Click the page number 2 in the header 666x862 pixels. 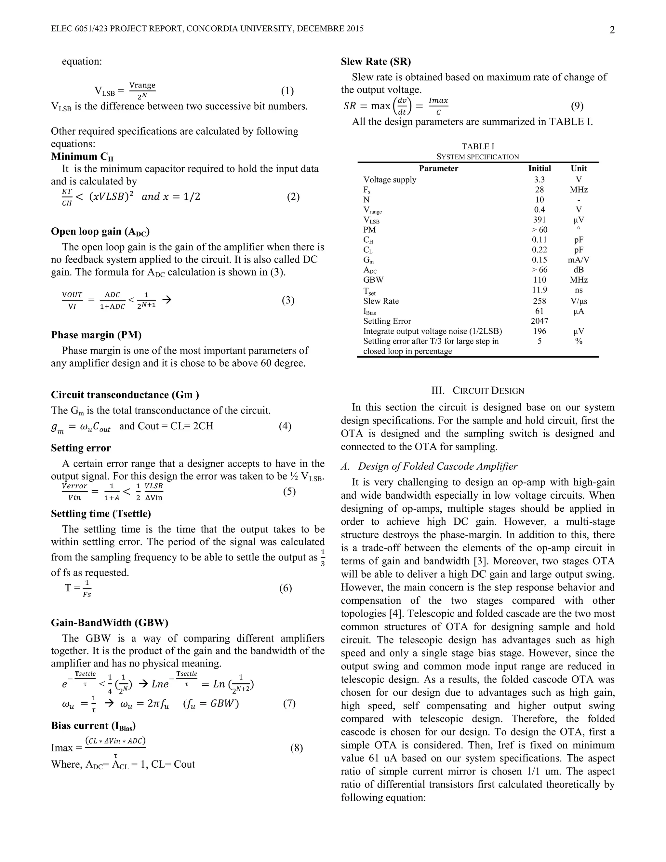[612, 30]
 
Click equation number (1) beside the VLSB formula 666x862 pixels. [287, 91]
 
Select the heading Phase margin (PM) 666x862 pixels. [96, 335]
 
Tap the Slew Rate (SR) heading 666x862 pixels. [376, 61]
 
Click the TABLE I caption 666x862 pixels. [478, 146]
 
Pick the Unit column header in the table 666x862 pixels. [579, 168]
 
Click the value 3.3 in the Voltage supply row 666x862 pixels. [539, 180]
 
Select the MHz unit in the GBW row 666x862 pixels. [579, 280]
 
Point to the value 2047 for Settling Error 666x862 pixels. [539, 321]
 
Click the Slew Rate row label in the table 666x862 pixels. [381, 301]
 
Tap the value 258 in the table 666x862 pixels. [539, 301]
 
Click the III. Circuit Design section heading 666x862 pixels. [478, 391]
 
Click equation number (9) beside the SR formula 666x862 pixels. [577, 106]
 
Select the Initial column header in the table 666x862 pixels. [539, 168]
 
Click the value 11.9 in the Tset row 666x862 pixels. [539, 290]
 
